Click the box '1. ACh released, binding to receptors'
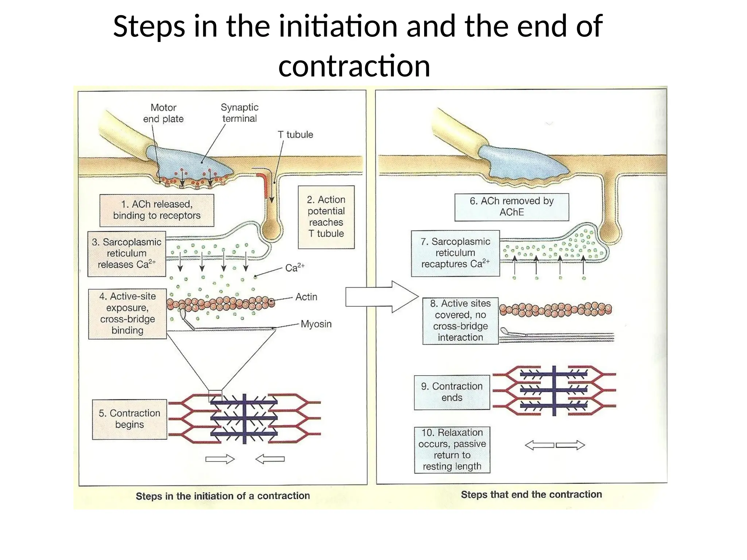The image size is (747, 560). pos(157,210)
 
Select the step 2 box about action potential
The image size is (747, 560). pos(326,217)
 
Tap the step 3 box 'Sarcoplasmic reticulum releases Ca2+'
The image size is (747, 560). pos(127,254)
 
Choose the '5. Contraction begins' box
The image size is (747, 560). pos(129,419)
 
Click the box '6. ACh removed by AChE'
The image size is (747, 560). pos(511,207)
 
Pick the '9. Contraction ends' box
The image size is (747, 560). pos(452,392)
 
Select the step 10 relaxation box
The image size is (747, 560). pos(452,450)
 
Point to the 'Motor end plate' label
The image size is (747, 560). pos(163,113)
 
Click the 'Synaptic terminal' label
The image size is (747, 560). pos(239,113)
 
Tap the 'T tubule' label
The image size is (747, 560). pos(295,135)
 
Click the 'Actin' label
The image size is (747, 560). pos(306,297)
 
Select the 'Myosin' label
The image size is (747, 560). pos(316,324)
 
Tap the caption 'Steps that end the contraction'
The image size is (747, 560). pos(531,495)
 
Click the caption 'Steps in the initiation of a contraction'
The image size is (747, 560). pos(223,496)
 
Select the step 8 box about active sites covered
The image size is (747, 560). pos(460,320)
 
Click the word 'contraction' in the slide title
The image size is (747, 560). pos(354,66)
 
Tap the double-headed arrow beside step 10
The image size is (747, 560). pos(554,445)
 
